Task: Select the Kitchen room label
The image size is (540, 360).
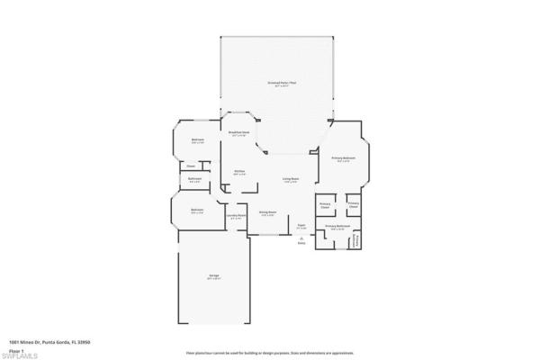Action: point(240,171)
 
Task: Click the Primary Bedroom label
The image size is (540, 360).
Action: point(343,158)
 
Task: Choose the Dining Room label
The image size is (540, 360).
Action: point(266,213)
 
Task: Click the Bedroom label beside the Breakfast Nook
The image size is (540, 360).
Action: point(198,140)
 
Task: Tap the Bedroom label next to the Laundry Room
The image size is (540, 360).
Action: point(198,211)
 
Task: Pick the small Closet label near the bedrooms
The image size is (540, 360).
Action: point(191,166)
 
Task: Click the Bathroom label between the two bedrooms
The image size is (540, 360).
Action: point(194,180)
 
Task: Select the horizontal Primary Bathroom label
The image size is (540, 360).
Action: point(337,226)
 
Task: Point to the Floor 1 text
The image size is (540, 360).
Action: point(16,349)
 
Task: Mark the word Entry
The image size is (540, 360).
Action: point(301,243)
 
